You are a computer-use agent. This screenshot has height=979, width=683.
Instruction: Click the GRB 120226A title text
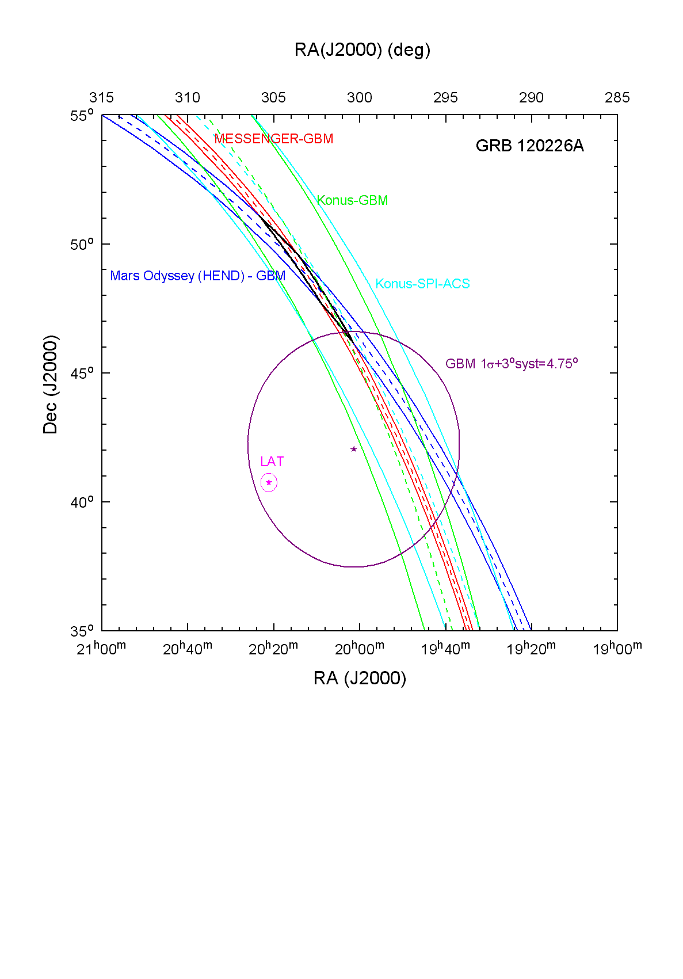(529, 146)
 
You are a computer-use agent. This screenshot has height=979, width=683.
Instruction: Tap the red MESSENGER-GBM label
(274, 139)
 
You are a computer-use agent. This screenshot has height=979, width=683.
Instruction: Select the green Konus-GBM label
(352, 200)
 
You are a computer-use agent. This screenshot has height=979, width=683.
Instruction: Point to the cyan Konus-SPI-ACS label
(422, 284)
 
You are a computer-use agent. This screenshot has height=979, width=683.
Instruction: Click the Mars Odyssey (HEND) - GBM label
(197, 276)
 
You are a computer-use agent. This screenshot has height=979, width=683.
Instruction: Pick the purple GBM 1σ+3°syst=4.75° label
(512, 364)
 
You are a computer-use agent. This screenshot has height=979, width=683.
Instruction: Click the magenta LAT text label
(272, 462)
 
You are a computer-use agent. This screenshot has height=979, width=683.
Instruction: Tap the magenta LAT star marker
(269, 482)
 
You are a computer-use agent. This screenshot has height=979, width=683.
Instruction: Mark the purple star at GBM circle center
(354, 449)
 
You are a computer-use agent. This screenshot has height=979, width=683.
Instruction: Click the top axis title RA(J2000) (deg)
(362, 50)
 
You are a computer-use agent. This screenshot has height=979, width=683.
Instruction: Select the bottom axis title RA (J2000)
(360, 679)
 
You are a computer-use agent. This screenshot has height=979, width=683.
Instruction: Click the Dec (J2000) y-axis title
(51, 384)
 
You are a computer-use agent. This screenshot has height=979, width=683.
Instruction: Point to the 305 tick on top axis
(273, 98)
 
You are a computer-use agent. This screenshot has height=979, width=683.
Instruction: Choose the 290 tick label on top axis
(531, 98)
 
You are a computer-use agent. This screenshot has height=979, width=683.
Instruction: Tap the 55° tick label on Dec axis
(82, 116)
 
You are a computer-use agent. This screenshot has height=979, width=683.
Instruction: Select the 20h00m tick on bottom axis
(360, 649)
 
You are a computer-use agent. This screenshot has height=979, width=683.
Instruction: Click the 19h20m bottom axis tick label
(531, 649)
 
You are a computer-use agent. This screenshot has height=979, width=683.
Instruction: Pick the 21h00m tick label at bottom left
(101, 649)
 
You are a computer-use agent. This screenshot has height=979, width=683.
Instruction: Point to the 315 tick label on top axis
(102, 98)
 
